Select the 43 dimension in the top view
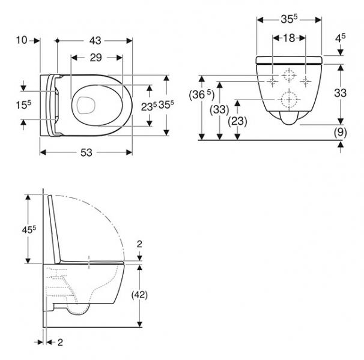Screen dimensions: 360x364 95,40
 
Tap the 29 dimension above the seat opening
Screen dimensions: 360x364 96,58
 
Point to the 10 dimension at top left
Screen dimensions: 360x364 23,40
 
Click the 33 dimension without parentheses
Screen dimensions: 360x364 341,93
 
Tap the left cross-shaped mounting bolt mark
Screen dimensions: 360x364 272,80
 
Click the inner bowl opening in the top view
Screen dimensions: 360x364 88,103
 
